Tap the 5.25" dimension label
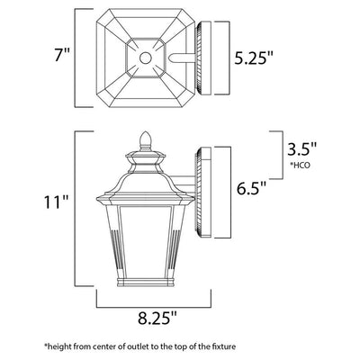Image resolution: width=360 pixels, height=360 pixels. coord(254,58)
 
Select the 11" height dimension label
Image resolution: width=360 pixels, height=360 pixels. coord(57,202)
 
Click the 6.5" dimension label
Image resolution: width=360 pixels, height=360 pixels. coord(251,188)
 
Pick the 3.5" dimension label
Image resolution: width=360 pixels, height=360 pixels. coord(301,148)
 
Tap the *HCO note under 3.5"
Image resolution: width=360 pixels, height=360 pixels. coord(300,165)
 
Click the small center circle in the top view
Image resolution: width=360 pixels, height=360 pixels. coord(146,58)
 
